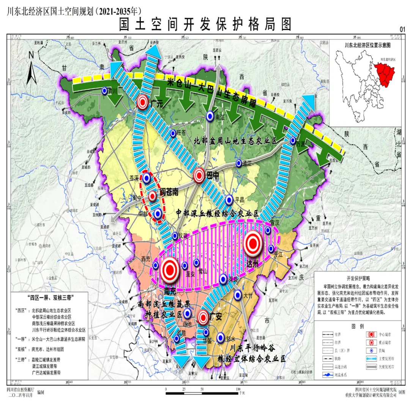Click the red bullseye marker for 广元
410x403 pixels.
[143, 102]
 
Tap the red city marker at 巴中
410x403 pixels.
[199, 175]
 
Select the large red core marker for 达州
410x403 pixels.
[253, 244]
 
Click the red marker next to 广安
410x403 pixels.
[203, 317]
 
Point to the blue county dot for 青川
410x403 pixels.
[104, 91]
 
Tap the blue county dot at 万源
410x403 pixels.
[293, 140]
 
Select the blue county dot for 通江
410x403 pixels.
[239, 163]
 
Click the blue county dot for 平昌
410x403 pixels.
[229, 199]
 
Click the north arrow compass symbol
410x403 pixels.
[32, 68]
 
